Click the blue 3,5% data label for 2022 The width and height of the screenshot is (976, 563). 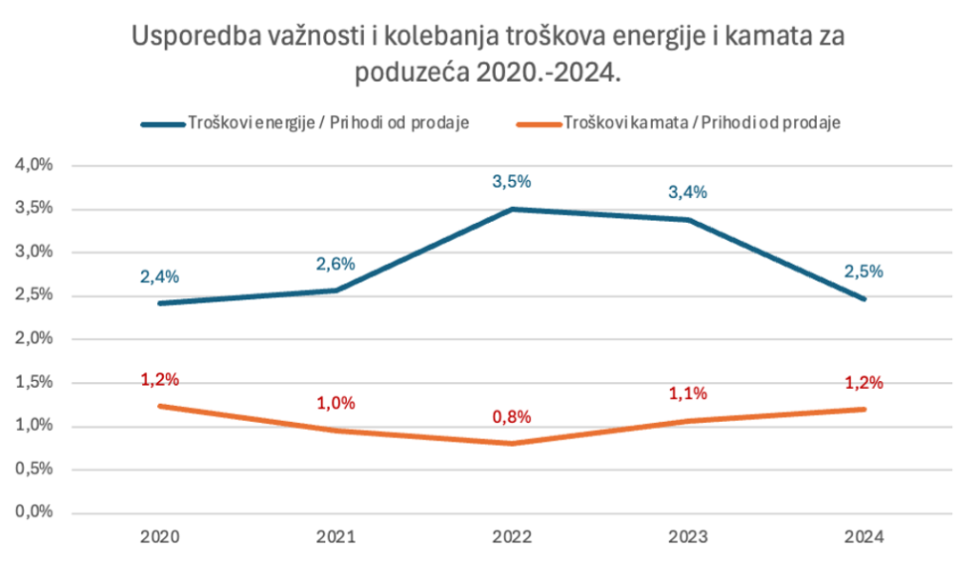(x=512, y=182)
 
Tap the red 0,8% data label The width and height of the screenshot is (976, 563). (x=512, y=417)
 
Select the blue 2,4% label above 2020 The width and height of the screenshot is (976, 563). (x=159, y=277)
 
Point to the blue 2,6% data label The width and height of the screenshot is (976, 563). (x=335, y=265)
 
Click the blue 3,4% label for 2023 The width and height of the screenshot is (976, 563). (x=688, y=192)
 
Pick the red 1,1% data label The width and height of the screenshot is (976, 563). (x=688, y=393)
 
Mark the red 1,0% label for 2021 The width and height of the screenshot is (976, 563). (x=335, y=403)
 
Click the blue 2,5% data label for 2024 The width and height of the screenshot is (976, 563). (x=864, y=271)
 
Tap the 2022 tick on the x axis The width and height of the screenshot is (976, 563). (x=512, y=537)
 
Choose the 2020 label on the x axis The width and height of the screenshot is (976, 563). (x=159, y=537)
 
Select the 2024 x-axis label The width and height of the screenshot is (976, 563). (x=864, y=537)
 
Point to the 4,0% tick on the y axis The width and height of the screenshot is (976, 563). (x=33, y=165)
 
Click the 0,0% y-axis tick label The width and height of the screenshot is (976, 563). (x=33, y=512)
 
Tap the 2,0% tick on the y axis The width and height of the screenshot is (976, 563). (x=33, y=338)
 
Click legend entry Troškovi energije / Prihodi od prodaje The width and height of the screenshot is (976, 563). (x=305, y=123)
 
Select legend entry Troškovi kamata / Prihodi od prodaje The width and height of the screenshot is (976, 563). (x=679, y=123)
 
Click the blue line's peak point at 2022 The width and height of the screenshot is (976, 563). (x=512, y=209)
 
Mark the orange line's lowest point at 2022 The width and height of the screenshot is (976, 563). (x=512, y=443)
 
